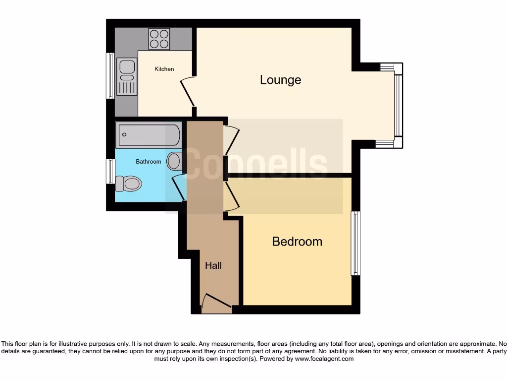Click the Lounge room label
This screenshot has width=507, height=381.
point(280,80)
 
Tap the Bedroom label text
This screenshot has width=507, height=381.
point(297,242)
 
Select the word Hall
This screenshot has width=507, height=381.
point(213,266)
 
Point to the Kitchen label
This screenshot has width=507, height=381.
point(164,69)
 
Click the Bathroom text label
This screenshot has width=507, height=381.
point(149,162)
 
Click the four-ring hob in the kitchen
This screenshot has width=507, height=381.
point(159,39)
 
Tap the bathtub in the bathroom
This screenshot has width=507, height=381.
point(148,135)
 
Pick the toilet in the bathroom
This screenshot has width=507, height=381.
point(128,184)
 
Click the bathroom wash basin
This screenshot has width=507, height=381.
point(174,161)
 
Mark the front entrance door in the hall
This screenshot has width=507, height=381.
point(216,304)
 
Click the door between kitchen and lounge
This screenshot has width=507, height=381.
point(187,93)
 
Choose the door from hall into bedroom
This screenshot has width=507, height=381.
point(232,196)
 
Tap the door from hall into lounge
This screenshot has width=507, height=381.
point(232,140)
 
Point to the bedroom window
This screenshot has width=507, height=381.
point(355,243)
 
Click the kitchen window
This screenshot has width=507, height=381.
point(110,76)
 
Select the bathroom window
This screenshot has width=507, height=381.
point(110,172)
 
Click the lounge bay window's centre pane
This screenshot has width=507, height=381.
point(398,105)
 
